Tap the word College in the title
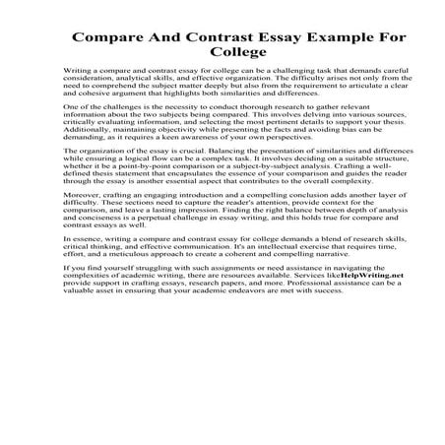[x=222, y=61]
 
